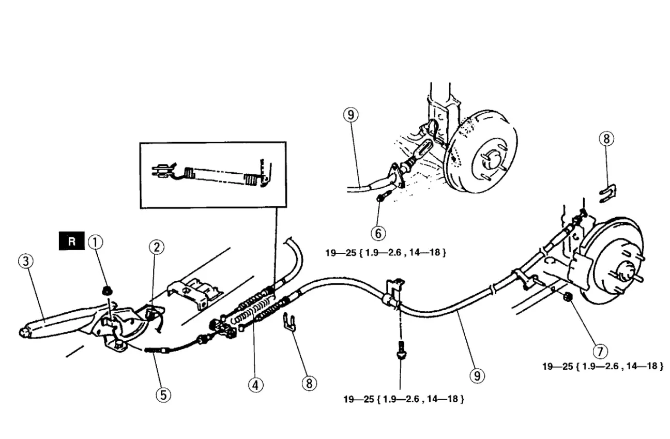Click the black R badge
tap(72, 241)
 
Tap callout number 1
tap(96, 242)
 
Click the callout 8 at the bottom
tap(309, 383)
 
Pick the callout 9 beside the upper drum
tap(351, 115)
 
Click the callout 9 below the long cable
tap(477, 375)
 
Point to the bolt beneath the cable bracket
tap(401, 350)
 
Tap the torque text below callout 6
tap(386, 253)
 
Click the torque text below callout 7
tap(603, 366)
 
